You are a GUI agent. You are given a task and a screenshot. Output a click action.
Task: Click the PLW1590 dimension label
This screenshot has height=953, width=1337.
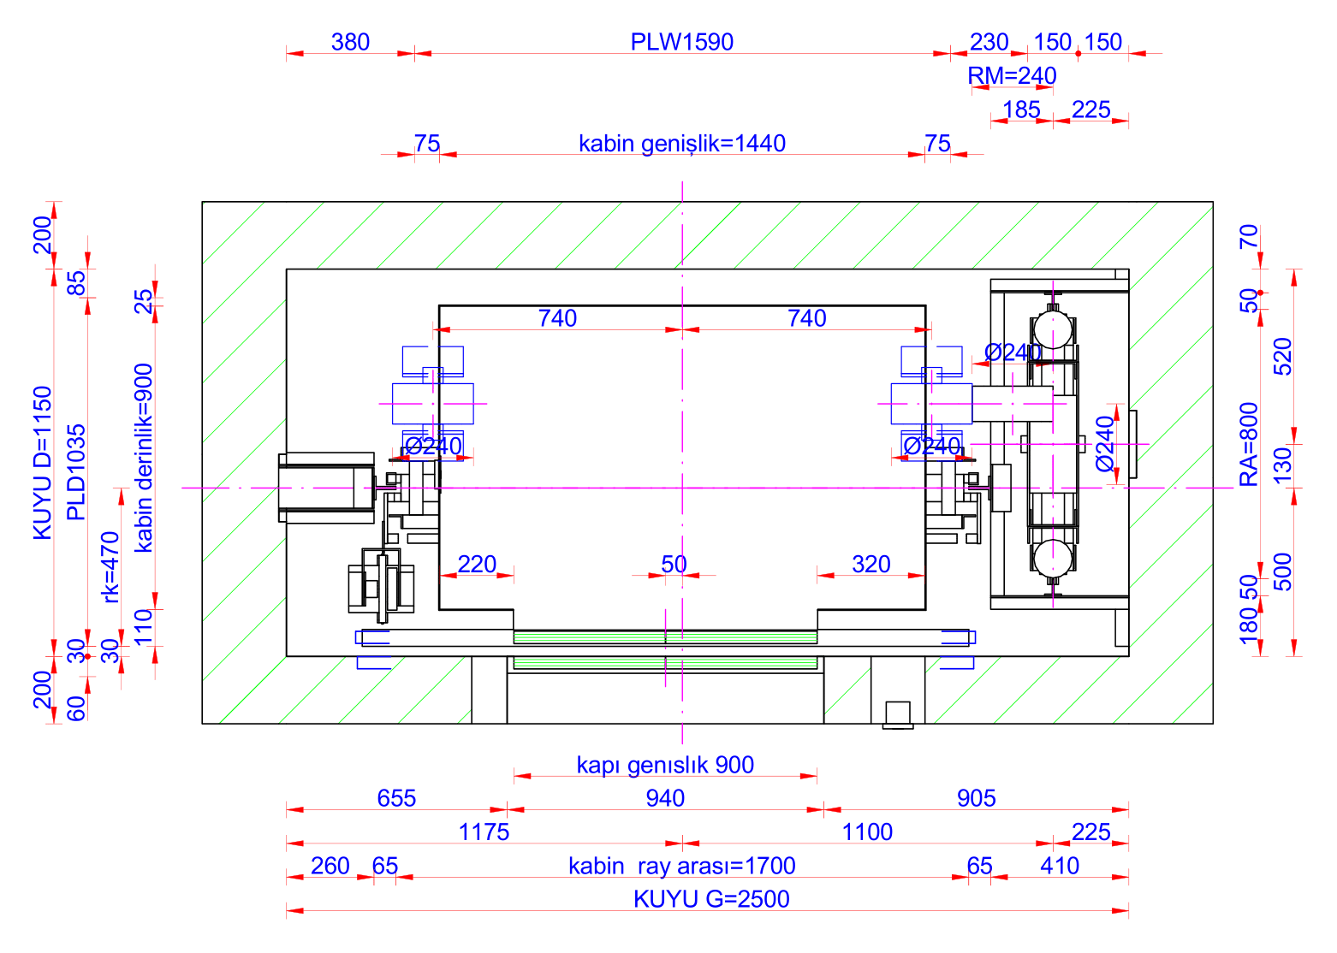pos(681,42)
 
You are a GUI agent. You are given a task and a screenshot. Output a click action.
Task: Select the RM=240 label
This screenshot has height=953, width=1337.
pos(1012,76)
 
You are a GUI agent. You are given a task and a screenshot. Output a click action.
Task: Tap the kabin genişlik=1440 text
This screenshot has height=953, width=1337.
pos(681,144)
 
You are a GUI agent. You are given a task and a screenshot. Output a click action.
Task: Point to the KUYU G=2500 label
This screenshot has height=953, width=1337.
pos(711,899)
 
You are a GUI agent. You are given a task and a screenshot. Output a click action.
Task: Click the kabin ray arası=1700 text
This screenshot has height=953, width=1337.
pos(681,866)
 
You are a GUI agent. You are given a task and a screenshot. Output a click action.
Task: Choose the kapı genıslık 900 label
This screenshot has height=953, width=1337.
pos(665,765)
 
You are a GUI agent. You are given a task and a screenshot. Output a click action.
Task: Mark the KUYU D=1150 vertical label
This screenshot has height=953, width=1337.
pos(43,463)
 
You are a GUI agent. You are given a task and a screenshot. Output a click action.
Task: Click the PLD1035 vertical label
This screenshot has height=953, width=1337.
pos(76,472)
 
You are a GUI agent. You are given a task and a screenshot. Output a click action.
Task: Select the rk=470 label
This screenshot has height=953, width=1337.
pos(110,566)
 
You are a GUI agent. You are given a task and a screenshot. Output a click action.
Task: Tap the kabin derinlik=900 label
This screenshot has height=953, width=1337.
pos(144,458)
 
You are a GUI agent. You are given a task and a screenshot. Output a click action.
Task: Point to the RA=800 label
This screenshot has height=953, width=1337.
pos(1249,444)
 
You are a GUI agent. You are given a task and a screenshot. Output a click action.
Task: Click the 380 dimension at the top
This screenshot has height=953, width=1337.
pos(350,42)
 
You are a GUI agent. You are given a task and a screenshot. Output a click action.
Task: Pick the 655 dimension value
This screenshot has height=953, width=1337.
pos(396,798)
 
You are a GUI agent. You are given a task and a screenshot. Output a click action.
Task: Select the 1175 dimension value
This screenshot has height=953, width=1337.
pos(484,832)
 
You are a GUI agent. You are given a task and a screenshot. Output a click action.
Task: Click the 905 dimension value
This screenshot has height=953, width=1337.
pos(976,798)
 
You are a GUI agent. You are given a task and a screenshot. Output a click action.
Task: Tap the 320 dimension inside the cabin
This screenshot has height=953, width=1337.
pos(871,564)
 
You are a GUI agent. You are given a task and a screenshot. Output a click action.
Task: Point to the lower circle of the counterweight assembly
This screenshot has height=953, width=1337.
pos(1053,559)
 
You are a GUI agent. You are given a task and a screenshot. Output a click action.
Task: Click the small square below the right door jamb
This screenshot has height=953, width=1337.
pos(898,713)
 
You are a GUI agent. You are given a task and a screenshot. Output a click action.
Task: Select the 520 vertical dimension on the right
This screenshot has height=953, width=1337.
pos(1282,357)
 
